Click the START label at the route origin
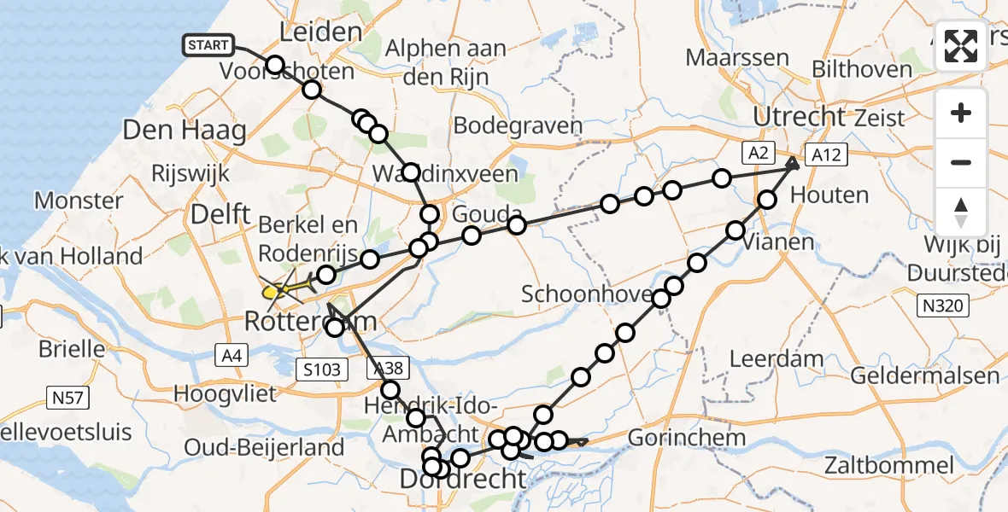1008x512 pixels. [207, 44]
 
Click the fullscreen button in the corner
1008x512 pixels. [961, 47]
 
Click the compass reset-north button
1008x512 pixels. [961, 212]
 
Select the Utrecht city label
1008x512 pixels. [799, 117]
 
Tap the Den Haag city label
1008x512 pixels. [185, 131]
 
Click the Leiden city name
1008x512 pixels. [320, 32]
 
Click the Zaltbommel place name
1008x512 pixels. [889, 466]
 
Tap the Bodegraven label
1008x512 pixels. [518, 126]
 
